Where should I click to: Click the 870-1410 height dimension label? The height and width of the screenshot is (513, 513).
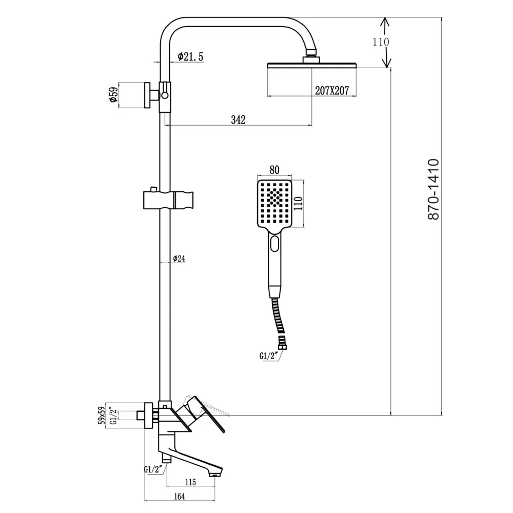434,189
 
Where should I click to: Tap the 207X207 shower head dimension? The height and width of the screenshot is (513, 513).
331,90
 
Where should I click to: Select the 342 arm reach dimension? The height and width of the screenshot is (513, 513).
238,120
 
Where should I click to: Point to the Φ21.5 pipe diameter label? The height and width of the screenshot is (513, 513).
191,57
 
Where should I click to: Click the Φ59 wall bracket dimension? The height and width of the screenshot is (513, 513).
114,95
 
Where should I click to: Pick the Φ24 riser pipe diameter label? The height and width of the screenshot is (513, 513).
179,259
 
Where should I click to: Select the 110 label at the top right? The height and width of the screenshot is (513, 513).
381,42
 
